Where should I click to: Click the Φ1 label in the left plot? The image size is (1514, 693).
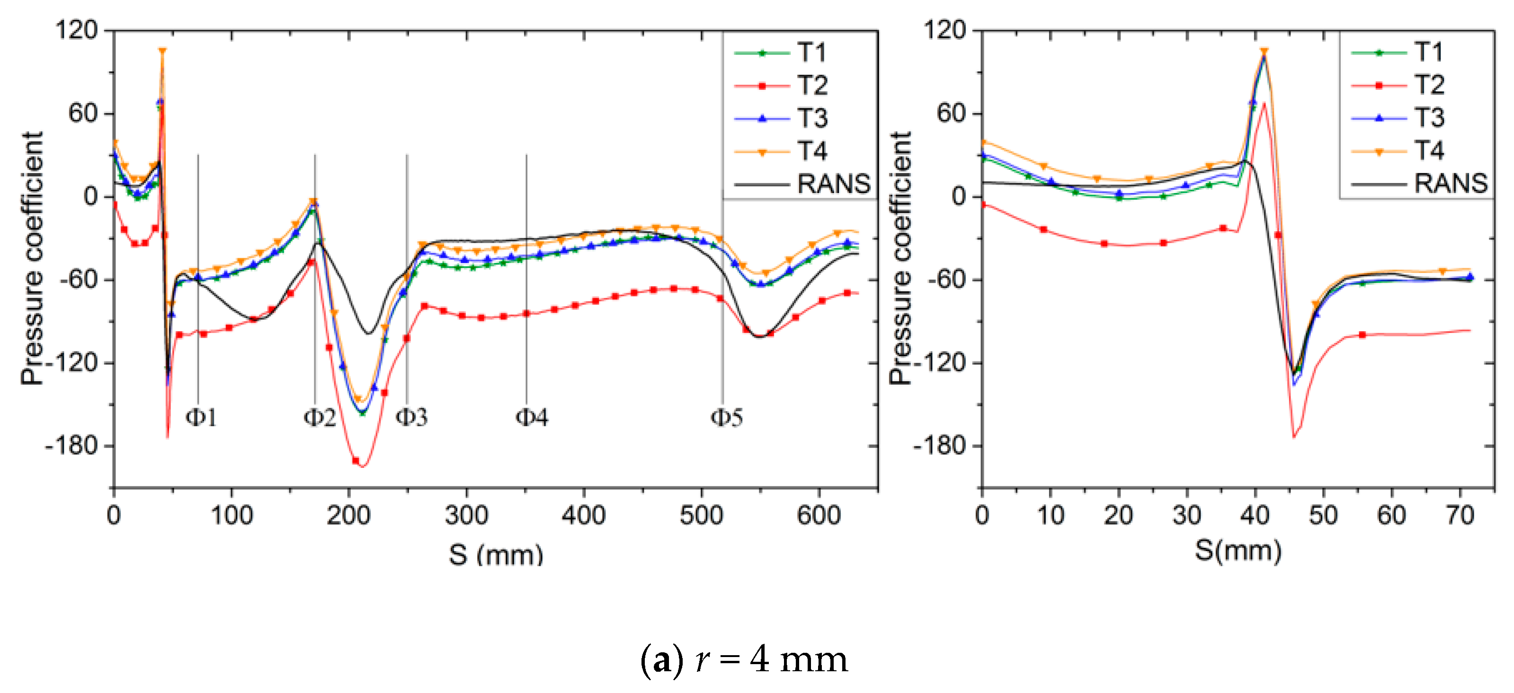[x=201, y=418]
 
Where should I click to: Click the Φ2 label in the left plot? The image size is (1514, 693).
[x=319, y=418]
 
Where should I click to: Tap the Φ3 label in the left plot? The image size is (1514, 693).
[x=411, y=418]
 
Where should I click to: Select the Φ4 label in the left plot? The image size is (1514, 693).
[x=531, y=418]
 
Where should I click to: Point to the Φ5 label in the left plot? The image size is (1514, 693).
[x=726, y=418]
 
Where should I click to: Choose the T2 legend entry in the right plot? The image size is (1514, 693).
[x=1429, y=85]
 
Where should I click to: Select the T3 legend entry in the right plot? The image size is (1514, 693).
[x=1429, y=118]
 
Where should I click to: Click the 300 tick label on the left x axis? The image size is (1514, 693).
[x=466, y=516]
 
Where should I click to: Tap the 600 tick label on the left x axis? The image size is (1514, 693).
[x=819, y=516]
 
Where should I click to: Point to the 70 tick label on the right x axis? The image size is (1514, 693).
[x=1460, y=516]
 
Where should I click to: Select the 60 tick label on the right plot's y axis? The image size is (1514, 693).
[x=952, y=114]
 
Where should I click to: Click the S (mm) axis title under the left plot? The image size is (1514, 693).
[x=496, y=554]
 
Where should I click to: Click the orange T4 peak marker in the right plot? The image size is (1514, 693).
[x=1264, y=52]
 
